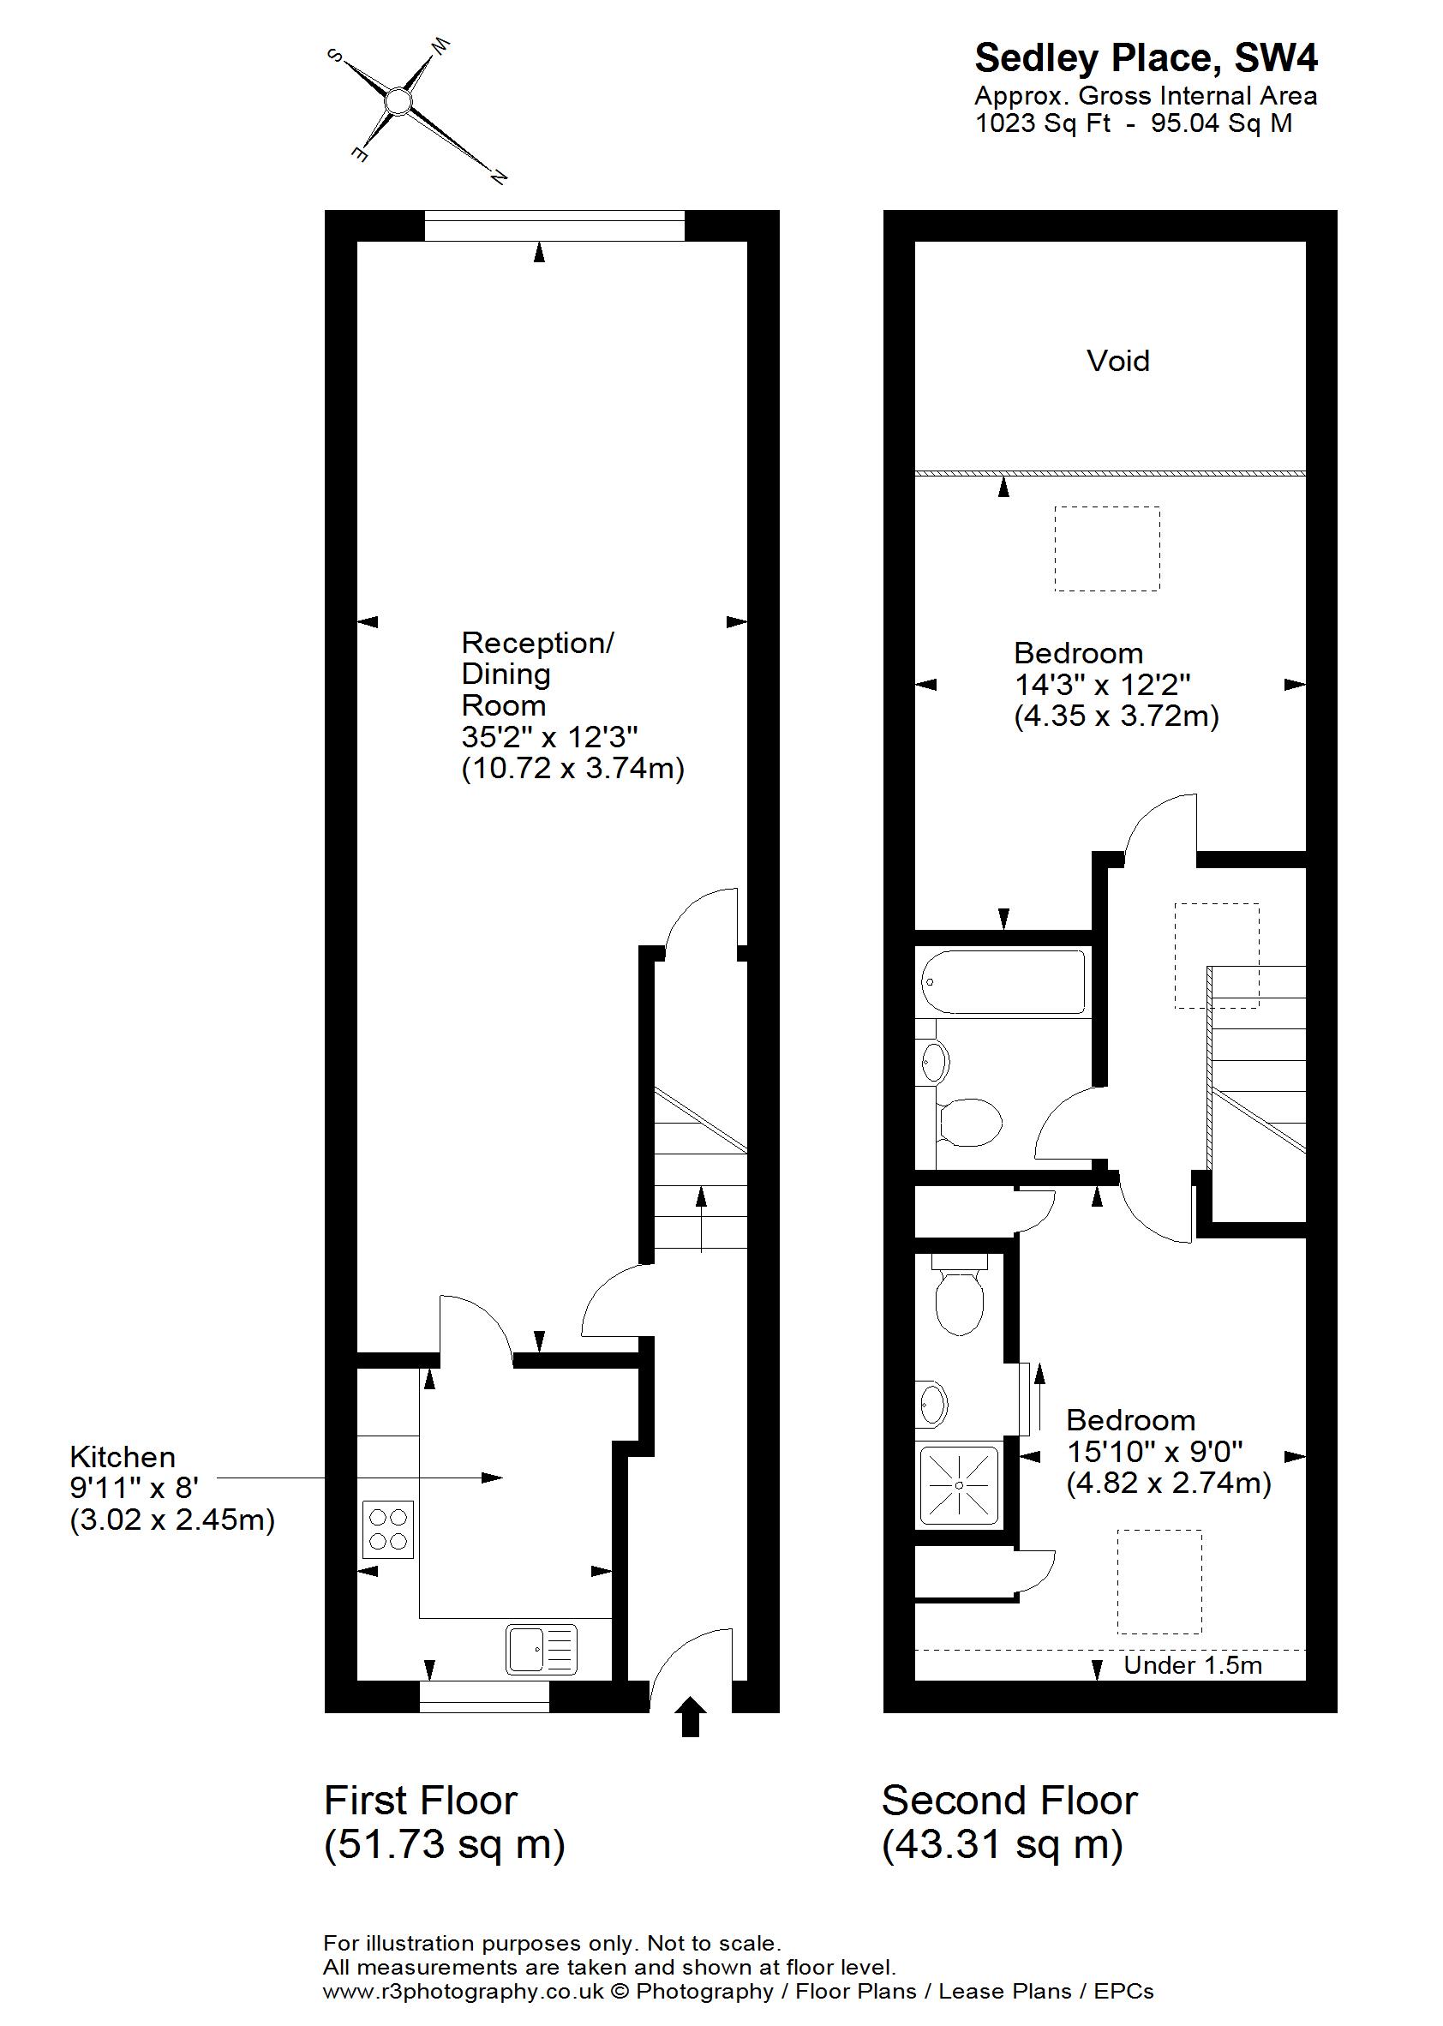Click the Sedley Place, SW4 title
[1147, 58]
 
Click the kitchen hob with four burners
[388, 1528]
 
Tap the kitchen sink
[542, 1649]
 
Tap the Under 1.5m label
[1193, 1665]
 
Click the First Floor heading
[420, 1801]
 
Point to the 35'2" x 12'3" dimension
[550, 737]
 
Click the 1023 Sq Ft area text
[1042, 123]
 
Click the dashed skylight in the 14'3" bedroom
[1107, 548]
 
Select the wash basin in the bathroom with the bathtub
[934, 1061]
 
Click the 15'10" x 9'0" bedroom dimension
[1154, 1451]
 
